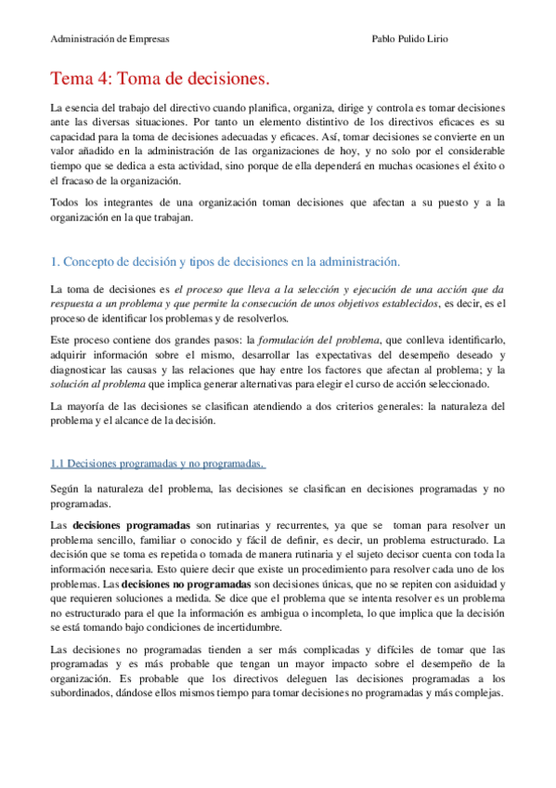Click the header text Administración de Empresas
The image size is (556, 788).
(110, 40)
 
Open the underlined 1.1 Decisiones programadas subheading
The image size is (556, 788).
(159, 464)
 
